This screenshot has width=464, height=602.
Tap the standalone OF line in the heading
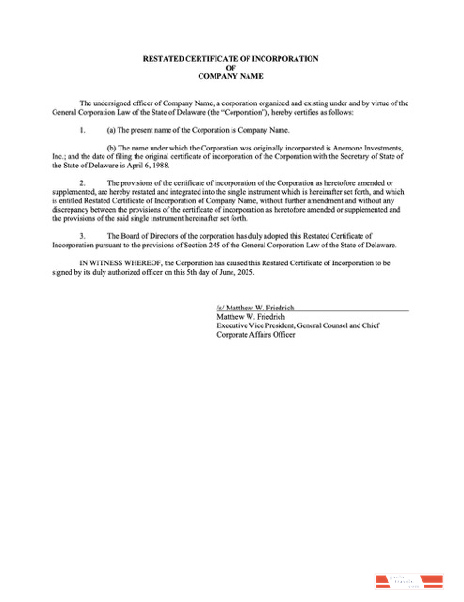pyautogui.click(x=231, y=68)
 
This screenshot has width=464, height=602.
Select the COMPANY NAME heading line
pyautogui.click(x=231, y=76)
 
